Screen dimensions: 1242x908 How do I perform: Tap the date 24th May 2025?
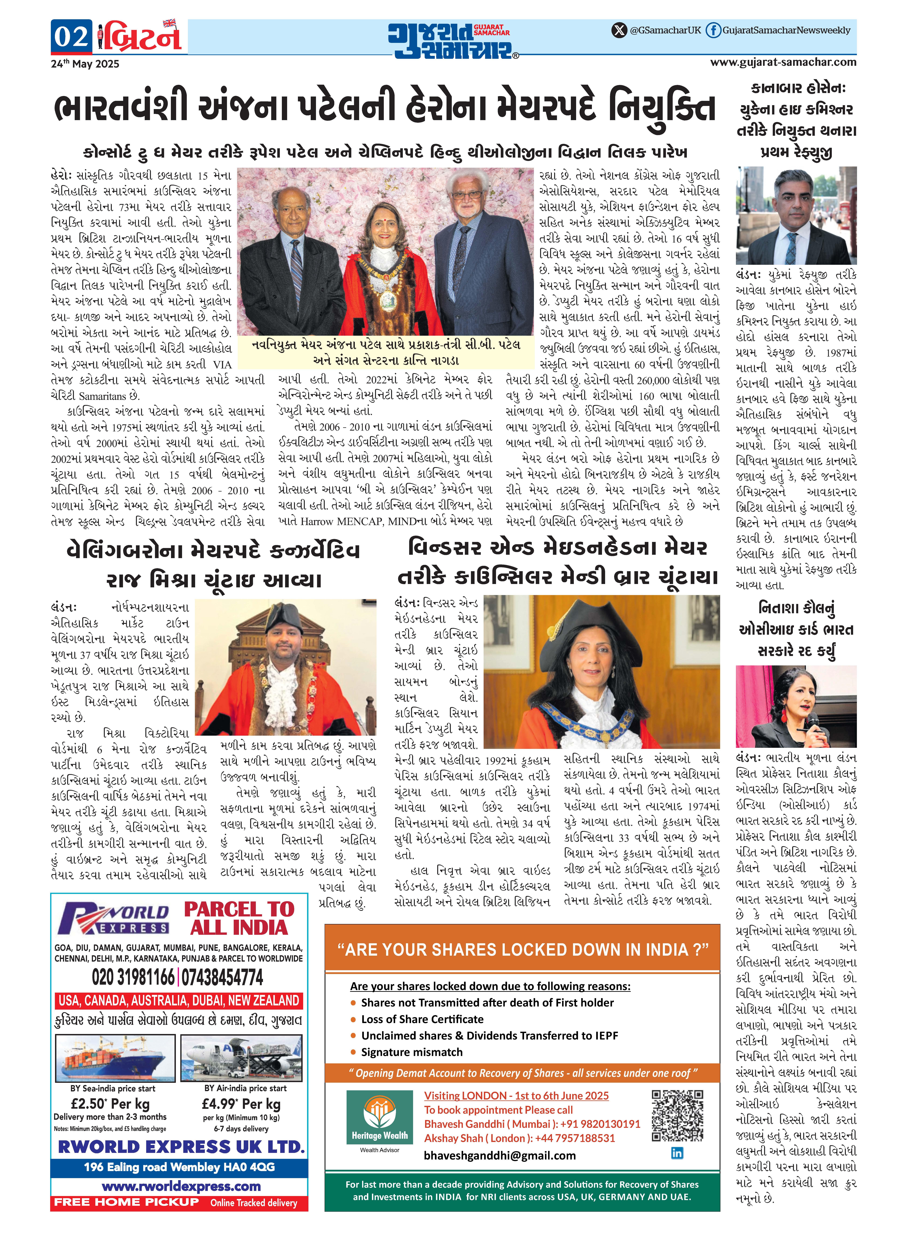[85, 64]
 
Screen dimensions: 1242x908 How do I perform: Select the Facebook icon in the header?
[713, 30]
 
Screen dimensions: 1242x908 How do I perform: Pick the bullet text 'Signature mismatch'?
[412, 1052]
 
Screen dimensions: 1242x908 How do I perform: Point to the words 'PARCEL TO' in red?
[239, 909]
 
